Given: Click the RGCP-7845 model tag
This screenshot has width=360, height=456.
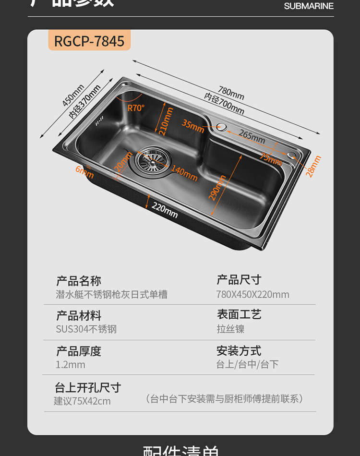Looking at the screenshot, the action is [x=89, y=41].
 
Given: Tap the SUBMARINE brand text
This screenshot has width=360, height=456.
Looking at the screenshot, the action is [x=309, y=6].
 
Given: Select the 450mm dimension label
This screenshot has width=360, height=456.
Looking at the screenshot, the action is [x=73, y=95].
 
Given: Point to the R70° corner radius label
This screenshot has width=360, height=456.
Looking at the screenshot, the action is [x=135, y=108].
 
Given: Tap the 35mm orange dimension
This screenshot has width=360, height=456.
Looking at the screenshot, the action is [x=193, y=125].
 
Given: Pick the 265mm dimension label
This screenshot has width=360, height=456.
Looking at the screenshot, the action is [x=252, y=136].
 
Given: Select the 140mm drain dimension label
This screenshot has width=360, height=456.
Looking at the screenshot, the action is [x=184, y=173].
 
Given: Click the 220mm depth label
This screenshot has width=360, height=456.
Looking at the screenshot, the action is [x=165, y=209].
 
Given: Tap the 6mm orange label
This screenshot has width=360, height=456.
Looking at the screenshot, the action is [x=84, y=171].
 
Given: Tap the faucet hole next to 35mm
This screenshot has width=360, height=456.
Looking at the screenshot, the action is [x=222, y=128].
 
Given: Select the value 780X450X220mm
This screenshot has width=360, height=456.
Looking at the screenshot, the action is [x=252, y=295].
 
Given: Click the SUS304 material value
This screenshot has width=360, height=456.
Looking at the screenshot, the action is [x=86, y=329].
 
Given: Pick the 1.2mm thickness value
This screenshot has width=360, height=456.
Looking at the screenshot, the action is [x=70, y=365].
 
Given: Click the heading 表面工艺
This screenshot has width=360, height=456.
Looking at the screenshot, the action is [x=239, y=315].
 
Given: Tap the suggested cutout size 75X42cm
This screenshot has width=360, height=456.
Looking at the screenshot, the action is [x=82, y=401].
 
